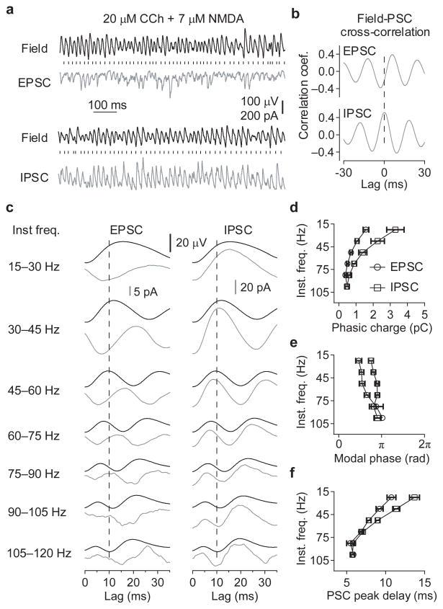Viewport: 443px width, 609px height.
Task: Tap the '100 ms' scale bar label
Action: [x=107, y=105]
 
